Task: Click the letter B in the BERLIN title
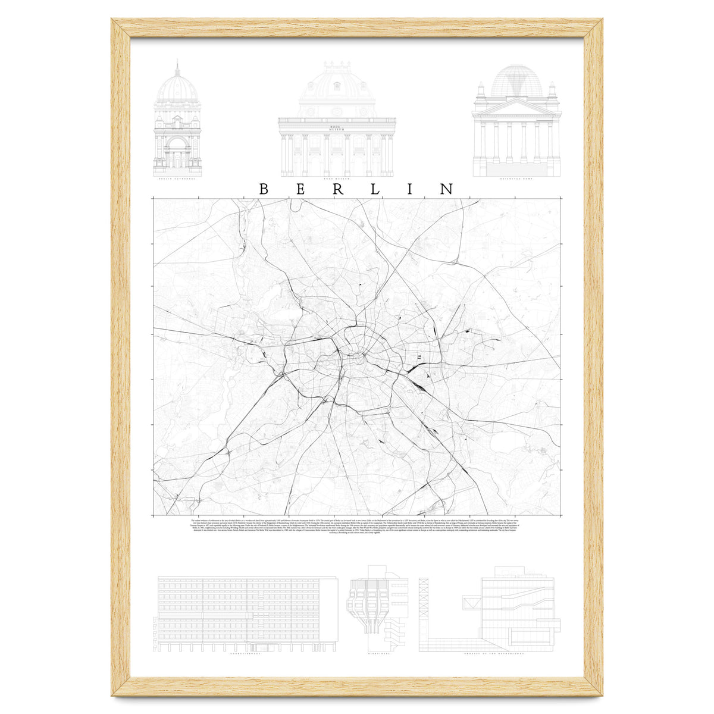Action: point(264,189)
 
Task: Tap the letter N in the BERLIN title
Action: point(447,189)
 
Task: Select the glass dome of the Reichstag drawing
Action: point(516,82)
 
